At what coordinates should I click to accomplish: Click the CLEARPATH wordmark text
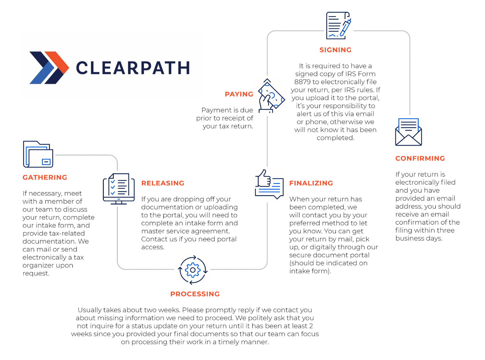[x=133, y=68]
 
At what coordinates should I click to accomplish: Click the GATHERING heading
[x=45, y=177]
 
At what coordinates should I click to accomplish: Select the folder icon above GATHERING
[x=38, y=154]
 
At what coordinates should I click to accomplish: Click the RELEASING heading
[x=163, y=183]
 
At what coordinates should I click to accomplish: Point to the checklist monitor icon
[x=119, y=189]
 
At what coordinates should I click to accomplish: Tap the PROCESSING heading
[x=195, y=294]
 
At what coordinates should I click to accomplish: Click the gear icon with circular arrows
[x=193, y=270]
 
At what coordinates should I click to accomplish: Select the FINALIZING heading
[x=311, y=183]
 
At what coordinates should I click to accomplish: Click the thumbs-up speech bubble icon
[x=269, y=184]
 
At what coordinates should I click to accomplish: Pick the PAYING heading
[x=239, y=94]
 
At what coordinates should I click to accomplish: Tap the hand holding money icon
[x=271, y=96]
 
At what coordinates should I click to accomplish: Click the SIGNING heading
[x=335, y=50]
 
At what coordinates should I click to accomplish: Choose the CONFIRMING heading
[x=420, y=159]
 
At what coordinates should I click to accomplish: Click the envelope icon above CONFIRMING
[x=409, y=132]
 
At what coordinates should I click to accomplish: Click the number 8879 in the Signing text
[x=302, y=82]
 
